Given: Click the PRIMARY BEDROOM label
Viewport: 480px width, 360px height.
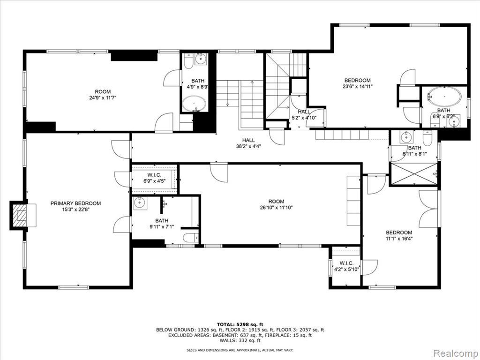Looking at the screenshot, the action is point(75,203).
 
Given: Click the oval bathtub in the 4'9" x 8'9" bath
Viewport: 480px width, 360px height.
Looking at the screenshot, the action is point(194,104).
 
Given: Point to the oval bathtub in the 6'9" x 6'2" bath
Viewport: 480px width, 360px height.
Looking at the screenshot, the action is point(445,97).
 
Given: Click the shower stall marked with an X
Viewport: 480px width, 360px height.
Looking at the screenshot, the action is point(414,174).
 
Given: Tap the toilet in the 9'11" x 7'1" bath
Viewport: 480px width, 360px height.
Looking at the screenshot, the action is point(190,238).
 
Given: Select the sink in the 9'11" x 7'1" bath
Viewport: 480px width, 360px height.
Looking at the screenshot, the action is point(140,203).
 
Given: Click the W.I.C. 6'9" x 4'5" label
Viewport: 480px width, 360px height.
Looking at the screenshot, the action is point(154,178).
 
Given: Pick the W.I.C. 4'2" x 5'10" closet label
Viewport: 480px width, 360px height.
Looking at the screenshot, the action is point(346,266).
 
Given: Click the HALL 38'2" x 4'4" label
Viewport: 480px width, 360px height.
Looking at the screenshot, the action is point(248,143).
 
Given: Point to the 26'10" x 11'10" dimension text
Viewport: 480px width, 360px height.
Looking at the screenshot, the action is point(276,208).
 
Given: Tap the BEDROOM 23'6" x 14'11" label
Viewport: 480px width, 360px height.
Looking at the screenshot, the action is point(357,83).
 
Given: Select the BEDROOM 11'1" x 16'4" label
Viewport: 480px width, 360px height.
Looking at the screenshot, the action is point(399,235).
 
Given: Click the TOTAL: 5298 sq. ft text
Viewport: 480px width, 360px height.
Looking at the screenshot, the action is point(240,324).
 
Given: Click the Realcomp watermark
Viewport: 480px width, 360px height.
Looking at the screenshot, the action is point(456,353).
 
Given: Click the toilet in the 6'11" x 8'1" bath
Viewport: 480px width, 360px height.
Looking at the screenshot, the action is point(427,138).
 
